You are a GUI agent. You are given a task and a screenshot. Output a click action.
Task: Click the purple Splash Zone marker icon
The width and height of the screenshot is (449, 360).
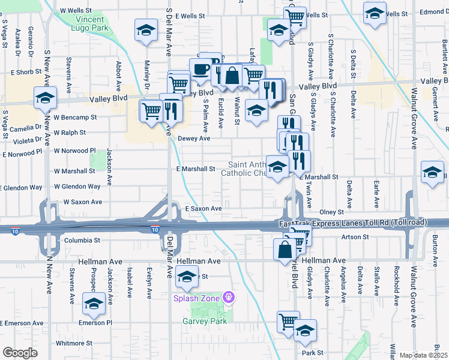tap(228, 297)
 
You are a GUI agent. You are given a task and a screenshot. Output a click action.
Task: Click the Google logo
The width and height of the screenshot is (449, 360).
tap(20, 353)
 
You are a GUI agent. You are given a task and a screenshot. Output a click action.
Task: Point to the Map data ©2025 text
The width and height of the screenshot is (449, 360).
tap(424, 355)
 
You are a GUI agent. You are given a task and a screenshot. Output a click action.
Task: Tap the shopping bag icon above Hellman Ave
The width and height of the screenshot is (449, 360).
tap(284, 250)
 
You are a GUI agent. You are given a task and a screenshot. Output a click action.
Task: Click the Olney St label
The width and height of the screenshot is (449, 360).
tap(331, 212)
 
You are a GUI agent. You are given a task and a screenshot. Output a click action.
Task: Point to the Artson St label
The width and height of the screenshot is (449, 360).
tap(356, 237)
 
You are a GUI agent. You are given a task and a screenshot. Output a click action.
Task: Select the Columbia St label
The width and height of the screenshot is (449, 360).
tap(81, 240)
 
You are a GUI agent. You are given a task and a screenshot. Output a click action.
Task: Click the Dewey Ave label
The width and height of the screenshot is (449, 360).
tap(194, 139)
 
